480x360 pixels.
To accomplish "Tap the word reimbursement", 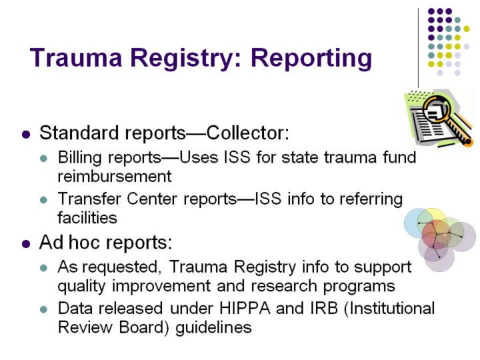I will click(115, 177).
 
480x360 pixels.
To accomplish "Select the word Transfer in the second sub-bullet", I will click(86, 199).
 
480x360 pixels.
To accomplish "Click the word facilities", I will click(87, 217).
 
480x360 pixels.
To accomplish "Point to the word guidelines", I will click(213, 328).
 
